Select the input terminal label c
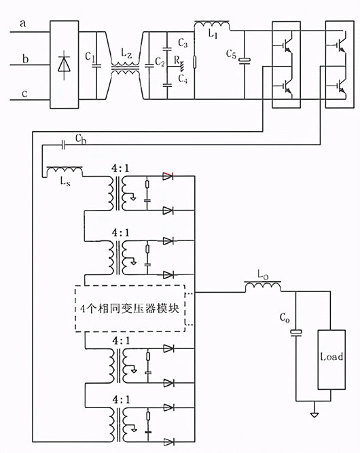click(x=24, y=94)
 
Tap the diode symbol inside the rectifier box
click(x=65, y=65)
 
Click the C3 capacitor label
click(x=181, y=43)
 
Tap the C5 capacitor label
click(x=232, y=55)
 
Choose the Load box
click(x=331, y=357)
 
